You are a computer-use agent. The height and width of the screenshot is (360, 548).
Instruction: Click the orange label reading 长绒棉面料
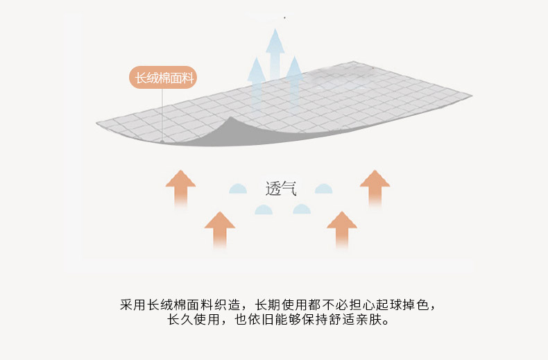(x=163, y=77)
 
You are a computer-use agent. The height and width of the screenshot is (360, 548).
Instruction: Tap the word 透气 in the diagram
(x=281, y=189)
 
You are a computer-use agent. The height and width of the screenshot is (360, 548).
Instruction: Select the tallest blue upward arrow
(x=275, y=54)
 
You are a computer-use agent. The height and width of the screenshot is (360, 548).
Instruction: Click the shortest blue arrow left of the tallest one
(x=256, y=80)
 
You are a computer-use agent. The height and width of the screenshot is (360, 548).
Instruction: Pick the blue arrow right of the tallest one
(x=294, y=78)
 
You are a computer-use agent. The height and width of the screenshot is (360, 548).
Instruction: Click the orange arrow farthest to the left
(x=180, y=189)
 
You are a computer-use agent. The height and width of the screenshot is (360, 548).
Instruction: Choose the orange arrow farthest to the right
(x=375, y=189)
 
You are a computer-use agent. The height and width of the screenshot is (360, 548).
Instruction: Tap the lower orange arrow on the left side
(x=219, y=230)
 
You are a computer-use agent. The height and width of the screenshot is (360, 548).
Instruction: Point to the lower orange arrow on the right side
(x=342, y=230)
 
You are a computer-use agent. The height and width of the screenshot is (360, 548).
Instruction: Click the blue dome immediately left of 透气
(x=238, y=189)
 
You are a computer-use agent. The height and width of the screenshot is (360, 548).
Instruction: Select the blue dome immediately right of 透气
(x=324, y=189)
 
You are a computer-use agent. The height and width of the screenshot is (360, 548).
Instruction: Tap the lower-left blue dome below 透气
(x=264, y=209)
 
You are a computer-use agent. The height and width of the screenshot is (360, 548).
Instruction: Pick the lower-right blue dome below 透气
(x=302, y=209)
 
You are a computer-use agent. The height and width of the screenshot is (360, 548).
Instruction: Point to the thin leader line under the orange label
(x=162, y=114)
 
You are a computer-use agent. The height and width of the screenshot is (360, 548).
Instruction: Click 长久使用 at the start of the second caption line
(x=194, y=320)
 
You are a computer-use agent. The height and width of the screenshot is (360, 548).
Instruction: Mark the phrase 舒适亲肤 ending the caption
(x=355, y=320)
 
